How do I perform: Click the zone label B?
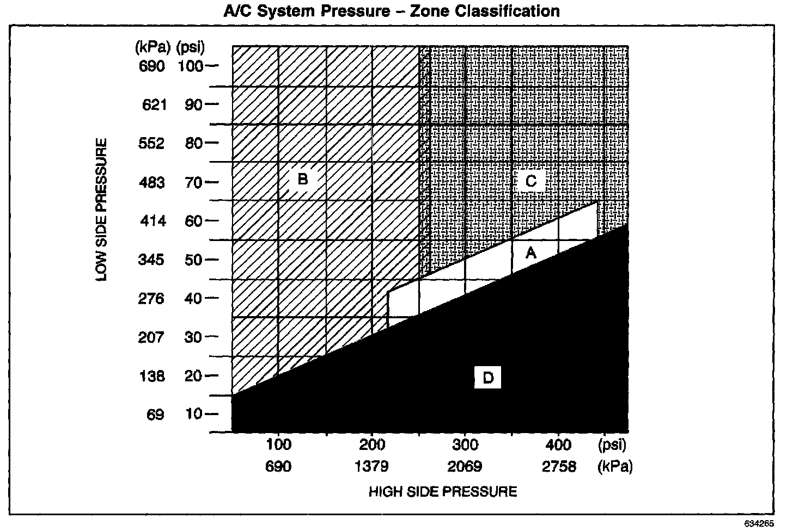coord(303,179)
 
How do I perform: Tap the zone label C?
coord(531,181)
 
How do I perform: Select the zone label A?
coord(530,253)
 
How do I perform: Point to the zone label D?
coord(487,378)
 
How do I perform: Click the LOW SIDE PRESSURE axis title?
coord(102,210)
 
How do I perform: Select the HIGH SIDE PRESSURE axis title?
coord(443,492)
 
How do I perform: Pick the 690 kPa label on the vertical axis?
coord(152,66)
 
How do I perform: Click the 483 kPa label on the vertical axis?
coord(152,182)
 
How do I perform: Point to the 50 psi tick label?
coord(193,260)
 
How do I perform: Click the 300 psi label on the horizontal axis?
coord(466,445)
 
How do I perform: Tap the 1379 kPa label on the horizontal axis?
coord(372,466)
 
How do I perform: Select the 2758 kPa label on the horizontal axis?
coord(559,466)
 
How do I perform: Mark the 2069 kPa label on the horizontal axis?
coord(466,466)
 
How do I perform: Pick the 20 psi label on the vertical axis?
coord(193,376)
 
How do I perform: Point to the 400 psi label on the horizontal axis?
coord(559,445)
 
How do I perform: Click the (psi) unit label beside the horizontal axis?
coord(612,445)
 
